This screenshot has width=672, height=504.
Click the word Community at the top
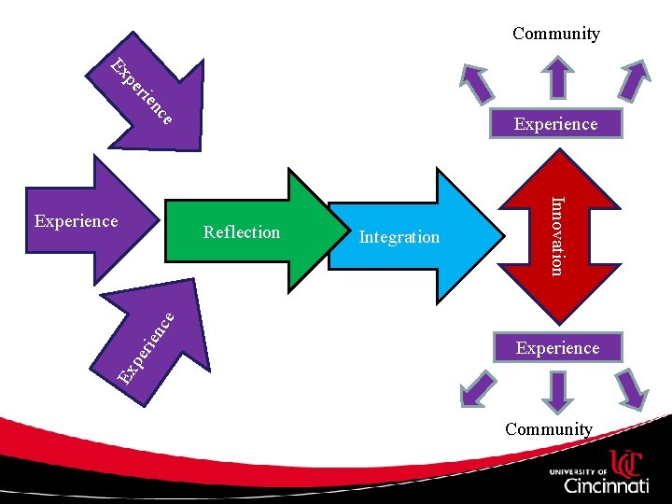coord(555,34)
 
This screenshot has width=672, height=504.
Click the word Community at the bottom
coord(549,429)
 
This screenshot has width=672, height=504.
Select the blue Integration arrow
coord(411,233)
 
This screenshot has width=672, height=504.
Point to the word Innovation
coord(556,235)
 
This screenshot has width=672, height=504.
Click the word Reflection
coord(242,232)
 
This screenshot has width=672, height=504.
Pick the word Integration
coord(399,237)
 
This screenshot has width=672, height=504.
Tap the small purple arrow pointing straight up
coord(556,77)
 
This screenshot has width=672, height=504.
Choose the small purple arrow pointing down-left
coord(479,386)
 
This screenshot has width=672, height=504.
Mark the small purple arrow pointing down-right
coord(634,388)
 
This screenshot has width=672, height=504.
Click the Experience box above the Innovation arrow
coord(555,124)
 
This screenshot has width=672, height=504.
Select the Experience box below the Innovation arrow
coord(557,348)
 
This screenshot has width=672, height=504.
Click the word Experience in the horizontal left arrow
coord(76,221)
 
